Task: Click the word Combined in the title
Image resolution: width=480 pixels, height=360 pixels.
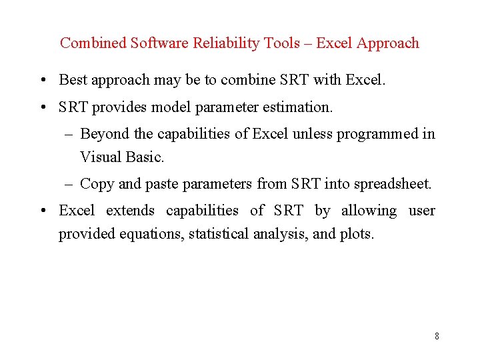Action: point(93,43)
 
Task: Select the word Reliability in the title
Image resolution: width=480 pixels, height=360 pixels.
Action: point(225,43)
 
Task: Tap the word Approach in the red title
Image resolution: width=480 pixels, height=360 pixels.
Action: point(388,43)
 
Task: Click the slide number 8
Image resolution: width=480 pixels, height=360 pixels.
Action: point(437,336)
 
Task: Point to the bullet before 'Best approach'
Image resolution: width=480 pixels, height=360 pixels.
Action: point(42,81)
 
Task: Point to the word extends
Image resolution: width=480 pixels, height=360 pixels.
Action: point(130,211)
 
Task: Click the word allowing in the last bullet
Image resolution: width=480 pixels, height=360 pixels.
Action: point(369,211)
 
